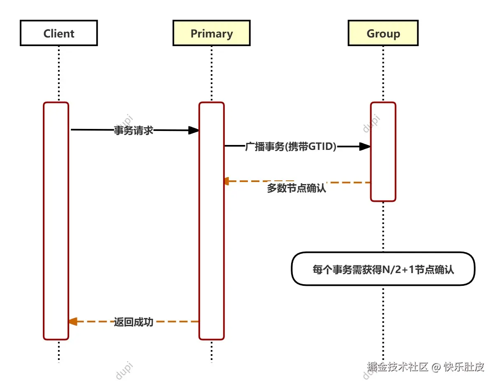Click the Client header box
point(59,33)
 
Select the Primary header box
point(211,33)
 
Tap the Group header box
point(383,33)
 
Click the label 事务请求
point(133,131)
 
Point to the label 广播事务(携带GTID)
point(291,147)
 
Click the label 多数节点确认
point(297,188)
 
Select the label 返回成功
point(133,322)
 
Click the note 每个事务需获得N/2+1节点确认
point(383,269)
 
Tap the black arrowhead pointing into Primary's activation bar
point(194,131)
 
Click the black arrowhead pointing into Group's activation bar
point(365,147)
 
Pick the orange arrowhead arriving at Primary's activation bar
point(226,181)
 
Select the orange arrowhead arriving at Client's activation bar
point(73,322)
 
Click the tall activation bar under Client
point(56,221)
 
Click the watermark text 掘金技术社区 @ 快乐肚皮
point(426,367)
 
